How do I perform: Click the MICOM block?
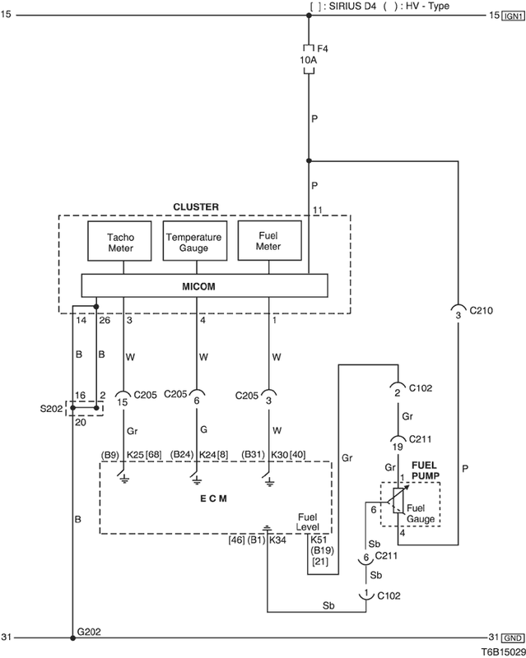click(204, 285)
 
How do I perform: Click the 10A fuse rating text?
click(308, 61)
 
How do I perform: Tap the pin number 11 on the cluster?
click(316, 211)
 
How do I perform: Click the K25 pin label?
click(136, 454)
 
